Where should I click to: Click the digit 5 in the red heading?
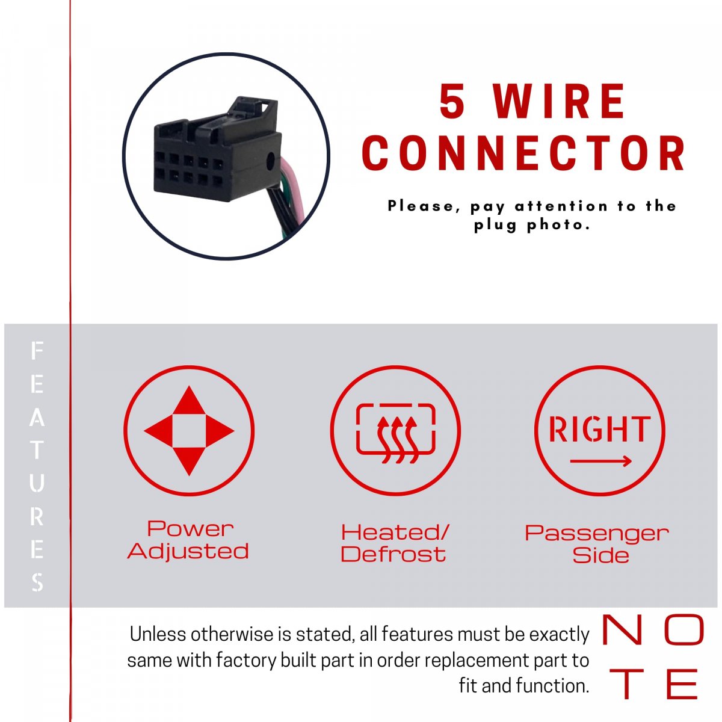click(x=453, y=101)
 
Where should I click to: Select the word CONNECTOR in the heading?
click(x=524, y=153)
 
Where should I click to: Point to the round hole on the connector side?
click(x=270, y=162)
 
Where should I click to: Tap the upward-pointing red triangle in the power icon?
click(x=189, y=400)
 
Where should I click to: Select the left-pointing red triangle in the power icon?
click(x=158, y=431)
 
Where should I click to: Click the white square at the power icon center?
click(x=189, y=431)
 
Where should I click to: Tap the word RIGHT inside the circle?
click(x=599, y=429)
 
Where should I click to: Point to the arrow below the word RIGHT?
click(x=601, y=461)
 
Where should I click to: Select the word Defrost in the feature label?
click(x=393, y=555)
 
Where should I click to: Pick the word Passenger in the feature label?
click(x=597, y=534)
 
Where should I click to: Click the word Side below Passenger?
click(x=600, y=555)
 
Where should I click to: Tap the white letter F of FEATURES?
click(x=37, y=351)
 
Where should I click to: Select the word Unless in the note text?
click(x=158, y=635)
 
